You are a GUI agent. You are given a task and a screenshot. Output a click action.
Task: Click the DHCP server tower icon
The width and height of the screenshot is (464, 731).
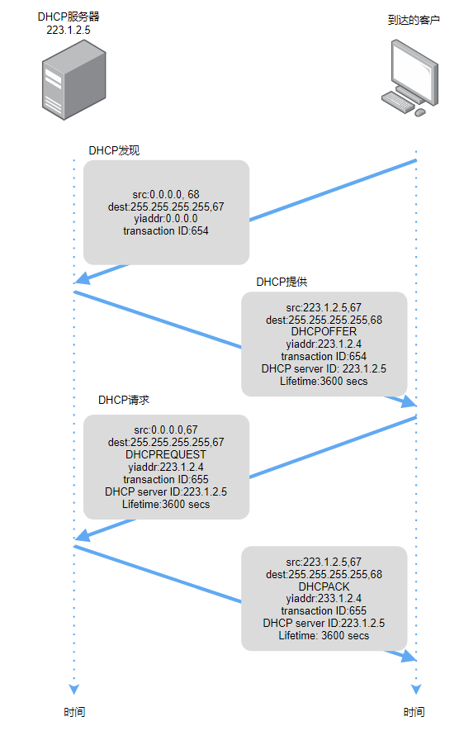pyautogui.click(x=74, y=80)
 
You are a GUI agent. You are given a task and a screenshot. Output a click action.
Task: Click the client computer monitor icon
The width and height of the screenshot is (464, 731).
pyautogui.click(x=410, y=78)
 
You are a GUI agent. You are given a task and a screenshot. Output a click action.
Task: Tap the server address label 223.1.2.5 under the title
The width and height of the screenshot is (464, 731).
pyautogui.click(x=69, y=31)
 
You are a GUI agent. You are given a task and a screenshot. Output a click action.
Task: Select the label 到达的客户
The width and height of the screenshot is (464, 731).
pyautogui.click(x=414, y=20)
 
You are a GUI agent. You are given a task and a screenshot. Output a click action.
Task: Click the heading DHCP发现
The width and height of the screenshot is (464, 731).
pyautogui.click(x=114, y=150)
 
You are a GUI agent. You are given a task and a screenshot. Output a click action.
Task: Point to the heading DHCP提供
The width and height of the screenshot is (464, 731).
pyautogui.click(x=282, y=282)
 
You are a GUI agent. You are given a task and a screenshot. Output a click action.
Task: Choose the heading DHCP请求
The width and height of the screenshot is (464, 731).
pyautogui.click(x=124, y=400)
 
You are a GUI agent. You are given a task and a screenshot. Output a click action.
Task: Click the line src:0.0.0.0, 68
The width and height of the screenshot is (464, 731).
pyautogui.click(x=166, y=194)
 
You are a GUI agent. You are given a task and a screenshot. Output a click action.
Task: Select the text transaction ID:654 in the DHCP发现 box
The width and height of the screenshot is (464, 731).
pyautogui.click(x=166, y=230)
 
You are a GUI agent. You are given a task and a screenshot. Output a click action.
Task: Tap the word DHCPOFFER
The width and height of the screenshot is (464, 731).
pyautogui.click(x=324, y=331)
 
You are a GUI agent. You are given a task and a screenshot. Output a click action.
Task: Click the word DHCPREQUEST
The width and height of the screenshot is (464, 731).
pyautogui.click(x=166, y=454)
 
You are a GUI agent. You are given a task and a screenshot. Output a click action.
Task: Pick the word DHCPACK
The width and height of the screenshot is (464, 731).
pyautogui.click(x=324, y=586)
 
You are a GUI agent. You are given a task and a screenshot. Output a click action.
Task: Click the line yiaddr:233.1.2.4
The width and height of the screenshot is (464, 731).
pyautogui.click(x=324, y=599)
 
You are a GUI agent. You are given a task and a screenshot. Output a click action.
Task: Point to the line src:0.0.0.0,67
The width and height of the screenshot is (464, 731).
pyautogui.click(x=166, y=430)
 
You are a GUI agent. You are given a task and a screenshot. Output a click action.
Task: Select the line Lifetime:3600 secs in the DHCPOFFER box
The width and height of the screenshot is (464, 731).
pyautogui.click(x=324, y=382)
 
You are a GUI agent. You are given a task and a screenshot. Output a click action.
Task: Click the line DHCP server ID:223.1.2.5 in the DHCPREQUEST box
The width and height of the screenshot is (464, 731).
pyautogui.click(x=166, y=491)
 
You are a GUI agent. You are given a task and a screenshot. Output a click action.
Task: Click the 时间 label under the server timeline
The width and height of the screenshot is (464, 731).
pyautogui.click(x=74, y=712)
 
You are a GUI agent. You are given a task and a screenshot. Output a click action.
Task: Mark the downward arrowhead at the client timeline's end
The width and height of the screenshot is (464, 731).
pyautogui.click(x=416, y=690)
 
